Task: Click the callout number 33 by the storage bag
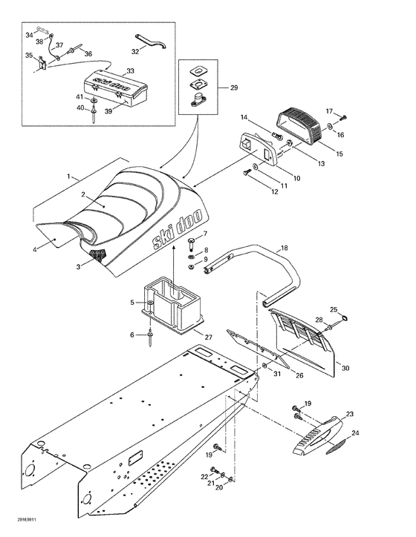pyautogui.click(x=131, y=71)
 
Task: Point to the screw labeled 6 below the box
pyautogui.click(x=151, y=339)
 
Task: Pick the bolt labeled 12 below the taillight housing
pyautogui.click(x=247, y=174)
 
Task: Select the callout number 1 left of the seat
pyautogui.click(x=70, y=177)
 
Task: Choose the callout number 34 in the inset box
pyautogui.click(x=29, y=34)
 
